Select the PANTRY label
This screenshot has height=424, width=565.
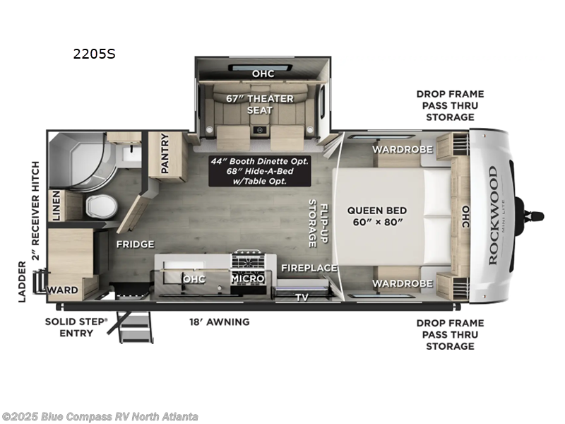(165, 153)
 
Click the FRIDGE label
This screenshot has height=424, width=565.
(135, 245)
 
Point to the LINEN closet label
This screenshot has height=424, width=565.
(57, 205)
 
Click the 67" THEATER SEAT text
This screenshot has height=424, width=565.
(260, 104)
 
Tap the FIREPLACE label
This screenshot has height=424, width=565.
(309, 268)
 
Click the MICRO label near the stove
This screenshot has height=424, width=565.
(247, 278)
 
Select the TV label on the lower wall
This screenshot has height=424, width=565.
(302, 298)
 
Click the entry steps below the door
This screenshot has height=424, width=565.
(136, 326)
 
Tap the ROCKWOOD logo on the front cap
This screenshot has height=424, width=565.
(492, 215)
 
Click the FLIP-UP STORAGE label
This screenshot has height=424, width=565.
(312, 223)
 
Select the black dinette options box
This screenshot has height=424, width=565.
(260, 170)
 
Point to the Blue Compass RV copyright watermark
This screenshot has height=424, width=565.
(100, 417)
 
